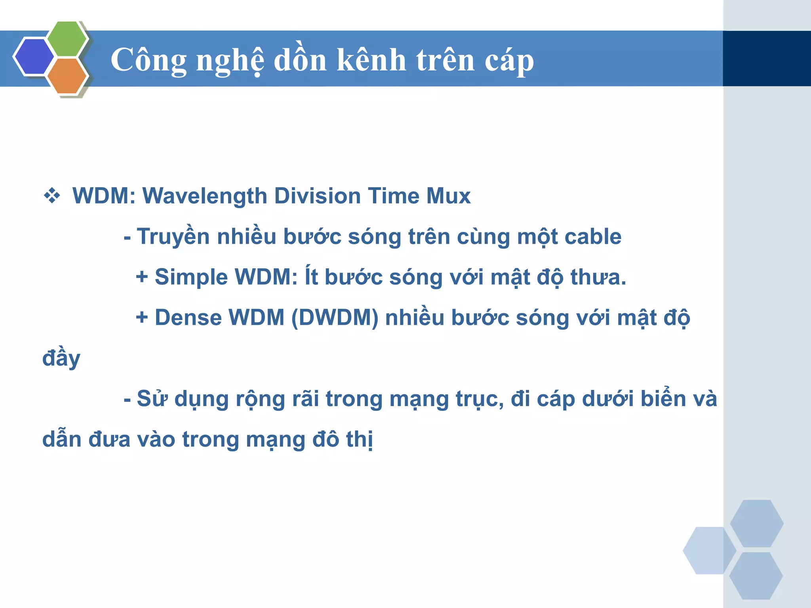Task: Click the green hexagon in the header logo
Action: coord(67,39)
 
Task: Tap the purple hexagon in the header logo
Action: coord(34,57)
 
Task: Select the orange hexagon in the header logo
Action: coord(67,76)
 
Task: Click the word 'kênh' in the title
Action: coord(371,60)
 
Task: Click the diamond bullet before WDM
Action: coord(52,196)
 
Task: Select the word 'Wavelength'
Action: coord(204,196)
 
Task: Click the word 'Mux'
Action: coord(448,196)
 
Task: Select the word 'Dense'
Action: coord(188,318)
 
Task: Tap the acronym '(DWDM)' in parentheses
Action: coord(335,318)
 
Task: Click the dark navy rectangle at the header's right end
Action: coord(767,59)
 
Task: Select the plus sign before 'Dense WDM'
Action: coord(142,317)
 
